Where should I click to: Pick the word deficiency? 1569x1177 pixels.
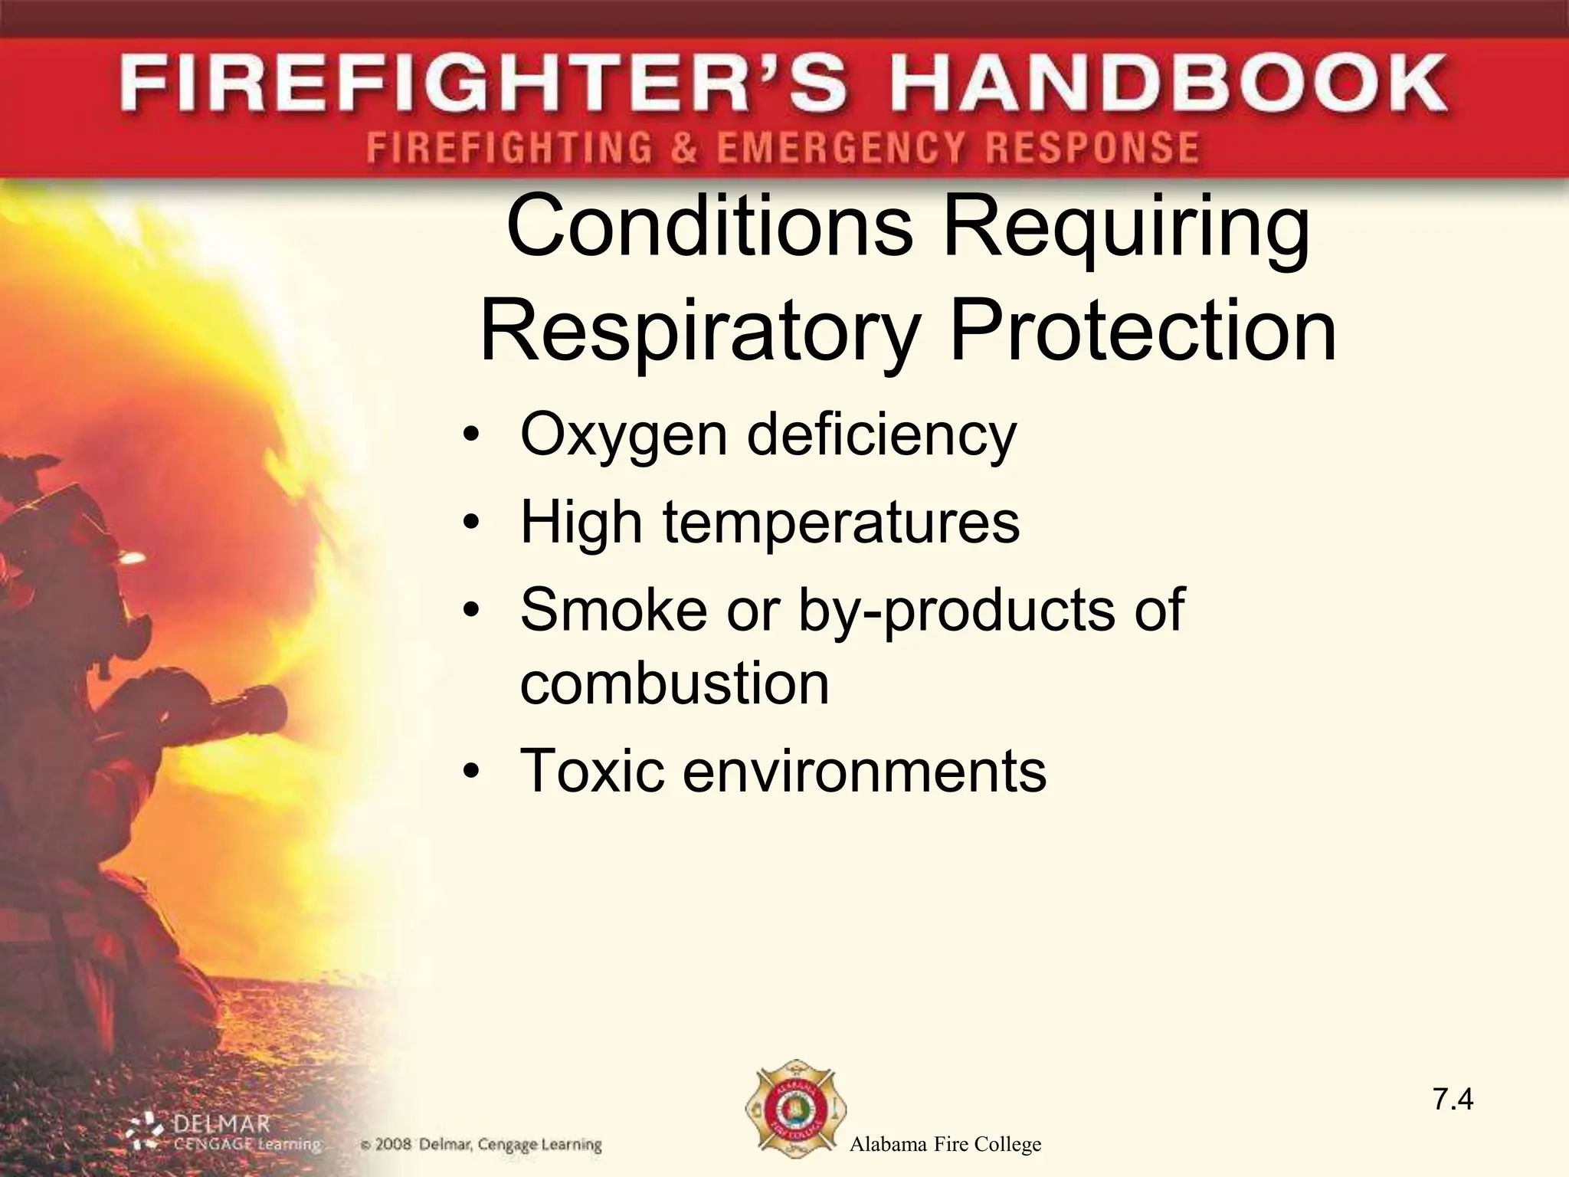pyautogui.click(x=881, y=434)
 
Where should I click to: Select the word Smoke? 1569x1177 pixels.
pyautogui.click(x=613, y=609)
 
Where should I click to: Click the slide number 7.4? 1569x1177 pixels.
pyautogui.click(x=1453, y=1100)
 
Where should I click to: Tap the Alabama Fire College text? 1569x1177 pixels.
pyautogui.click(x=945, y=1145)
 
